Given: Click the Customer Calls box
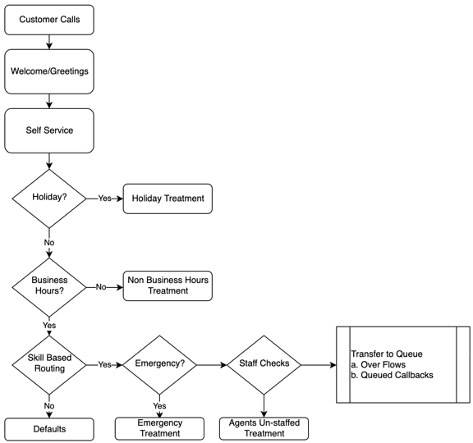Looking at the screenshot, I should [x=49, y=20].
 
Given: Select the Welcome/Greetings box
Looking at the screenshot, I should [x=49, y=71].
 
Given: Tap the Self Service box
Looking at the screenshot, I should [x=49, y=130].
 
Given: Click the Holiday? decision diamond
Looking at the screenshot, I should [x=49, y=199].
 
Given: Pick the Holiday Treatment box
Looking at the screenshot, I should [x=167, y=199].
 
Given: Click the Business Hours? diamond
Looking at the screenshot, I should [x=49, y=285].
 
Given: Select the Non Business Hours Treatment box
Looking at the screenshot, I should [x=168, y=285].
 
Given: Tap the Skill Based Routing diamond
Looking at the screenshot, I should [x=49, y=363].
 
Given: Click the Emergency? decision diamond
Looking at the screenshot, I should [x=159, y=363].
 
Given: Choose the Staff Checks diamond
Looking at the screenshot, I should [x=264, y=363].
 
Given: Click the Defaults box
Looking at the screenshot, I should [x=49, y=428].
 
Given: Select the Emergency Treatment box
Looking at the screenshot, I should [x=159, y=428].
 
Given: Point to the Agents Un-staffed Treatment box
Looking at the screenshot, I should [x=264, y=428].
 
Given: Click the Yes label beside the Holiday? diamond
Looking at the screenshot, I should [x=105, y=199].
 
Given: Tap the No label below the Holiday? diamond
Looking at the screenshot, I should [x=49, y=243].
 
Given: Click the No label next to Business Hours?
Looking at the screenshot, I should [x=102, y=286].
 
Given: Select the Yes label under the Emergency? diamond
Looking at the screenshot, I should [x=159, y=405].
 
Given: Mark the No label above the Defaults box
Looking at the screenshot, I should [x=49, y=405].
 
